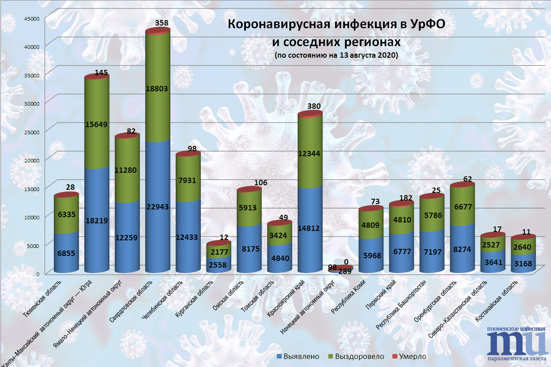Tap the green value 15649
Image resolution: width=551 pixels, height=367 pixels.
click(97, 125)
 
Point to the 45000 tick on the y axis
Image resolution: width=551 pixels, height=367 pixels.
click(32, 18)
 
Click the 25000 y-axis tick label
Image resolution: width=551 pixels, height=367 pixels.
click(32, 132)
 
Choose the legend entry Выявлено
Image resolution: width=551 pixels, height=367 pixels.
click(299, 357)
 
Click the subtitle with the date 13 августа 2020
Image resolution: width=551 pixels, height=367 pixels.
click(336, 56)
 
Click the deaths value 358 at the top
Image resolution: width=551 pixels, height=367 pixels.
click(161, 22)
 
